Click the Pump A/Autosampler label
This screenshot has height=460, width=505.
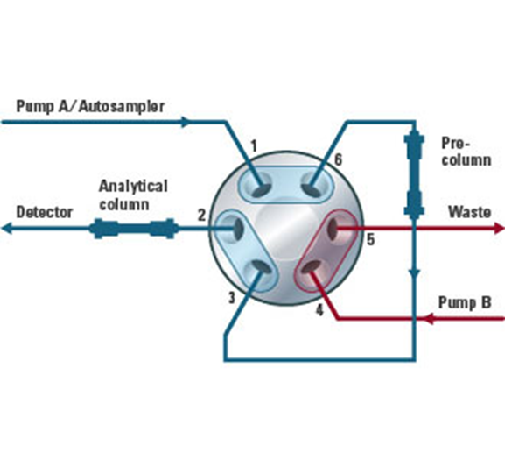coord(90,106)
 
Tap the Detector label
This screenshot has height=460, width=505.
coord(45,212)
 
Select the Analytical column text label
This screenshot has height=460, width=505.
coord(133,195)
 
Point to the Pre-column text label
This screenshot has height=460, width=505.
coord(466,152)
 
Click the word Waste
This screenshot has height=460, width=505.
coord(470,212)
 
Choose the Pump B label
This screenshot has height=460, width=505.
coord(465,303)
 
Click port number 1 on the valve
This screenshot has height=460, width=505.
coord(254,146)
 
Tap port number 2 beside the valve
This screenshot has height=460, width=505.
coord(201,216)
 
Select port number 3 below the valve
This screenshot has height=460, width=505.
coord(232,298)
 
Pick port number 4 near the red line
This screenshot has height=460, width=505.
coord(319,310)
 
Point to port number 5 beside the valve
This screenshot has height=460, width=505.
coord(371,239)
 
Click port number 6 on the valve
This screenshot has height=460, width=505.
coord(338,159)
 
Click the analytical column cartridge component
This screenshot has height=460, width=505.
coord(134,229)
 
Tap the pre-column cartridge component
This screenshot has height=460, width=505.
coord(414,173)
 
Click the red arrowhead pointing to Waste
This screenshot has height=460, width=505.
coord(499,229)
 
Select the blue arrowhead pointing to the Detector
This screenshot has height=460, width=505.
coord(7,229)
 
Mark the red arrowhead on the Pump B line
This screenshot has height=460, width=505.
coord(429,319)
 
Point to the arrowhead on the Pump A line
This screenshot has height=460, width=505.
coord(186,122)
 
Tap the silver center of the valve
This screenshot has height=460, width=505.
coord(285,228)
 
